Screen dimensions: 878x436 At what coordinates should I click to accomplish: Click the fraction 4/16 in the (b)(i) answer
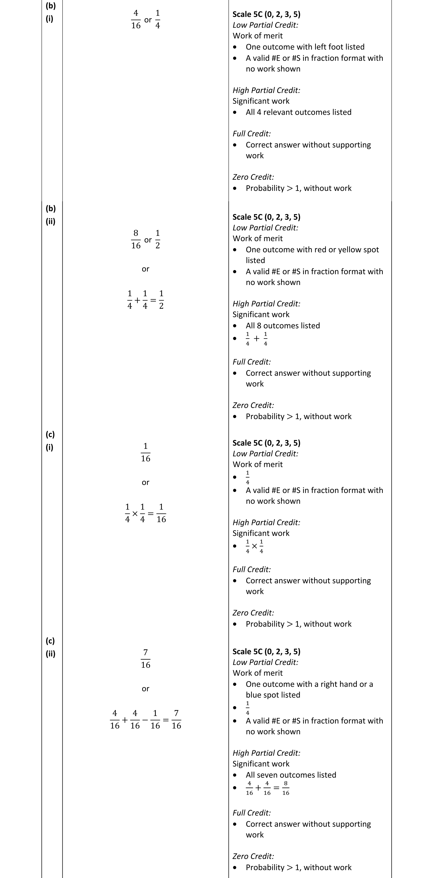136,19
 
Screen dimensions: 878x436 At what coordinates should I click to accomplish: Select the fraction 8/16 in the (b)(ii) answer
136,239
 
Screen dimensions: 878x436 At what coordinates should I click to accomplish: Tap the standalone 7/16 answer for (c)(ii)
145,658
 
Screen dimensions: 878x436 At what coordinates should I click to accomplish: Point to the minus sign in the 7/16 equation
145,720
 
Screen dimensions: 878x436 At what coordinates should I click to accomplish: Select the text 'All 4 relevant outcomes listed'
299,112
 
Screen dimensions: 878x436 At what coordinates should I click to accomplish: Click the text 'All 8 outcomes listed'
283,325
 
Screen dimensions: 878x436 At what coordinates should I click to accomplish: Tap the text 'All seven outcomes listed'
291,775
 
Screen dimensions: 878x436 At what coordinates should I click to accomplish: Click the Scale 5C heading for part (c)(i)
266,443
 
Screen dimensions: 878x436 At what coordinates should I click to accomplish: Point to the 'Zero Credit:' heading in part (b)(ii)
253,405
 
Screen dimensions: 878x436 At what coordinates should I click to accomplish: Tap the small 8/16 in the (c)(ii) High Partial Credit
286,788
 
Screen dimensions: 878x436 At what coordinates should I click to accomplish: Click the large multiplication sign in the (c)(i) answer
135,513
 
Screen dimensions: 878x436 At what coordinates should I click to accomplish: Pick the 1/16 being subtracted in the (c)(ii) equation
155,720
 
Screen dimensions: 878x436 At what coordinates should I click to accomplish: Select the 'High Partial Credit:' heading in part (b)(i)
266,90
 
